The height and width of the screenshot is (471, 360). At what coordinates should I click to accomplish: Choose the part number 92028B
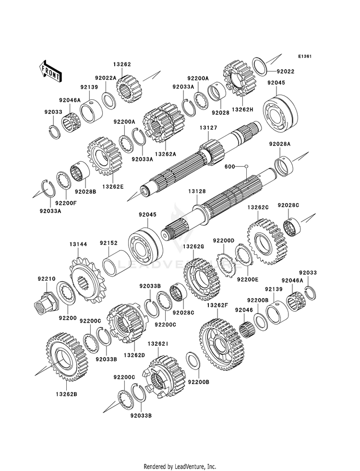click(86, 192)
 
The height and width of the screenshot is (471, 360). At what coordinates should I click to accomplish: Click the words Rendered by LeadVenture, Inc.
click(180, 466)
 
